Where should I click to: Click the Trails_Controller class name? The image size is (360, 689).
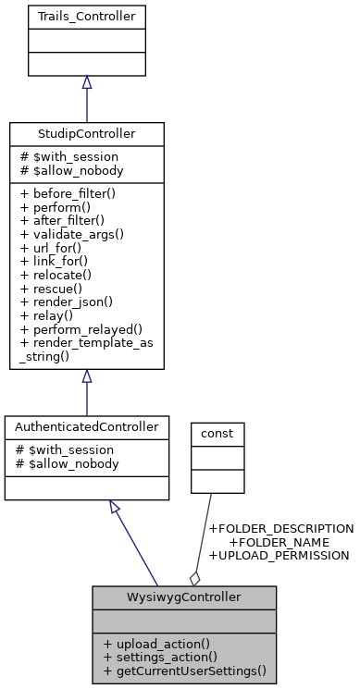86,16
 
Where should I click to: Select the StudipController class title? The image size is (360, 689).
86,134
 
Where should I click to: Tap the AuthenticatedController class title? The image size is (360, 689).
86,427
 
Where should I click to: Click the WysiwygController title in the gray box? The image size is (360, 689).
183,597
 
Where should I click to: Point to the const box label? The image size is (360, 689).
217,432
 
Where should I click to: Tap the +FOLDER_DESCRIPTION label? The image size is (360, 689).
280,528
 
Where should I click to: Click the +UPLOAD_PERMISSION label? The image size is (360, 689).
279,556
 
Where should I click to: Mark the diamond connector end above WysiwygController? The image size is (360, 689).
194,578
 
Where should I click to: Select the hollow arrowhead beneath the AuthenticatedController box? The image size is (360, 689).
115,507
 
